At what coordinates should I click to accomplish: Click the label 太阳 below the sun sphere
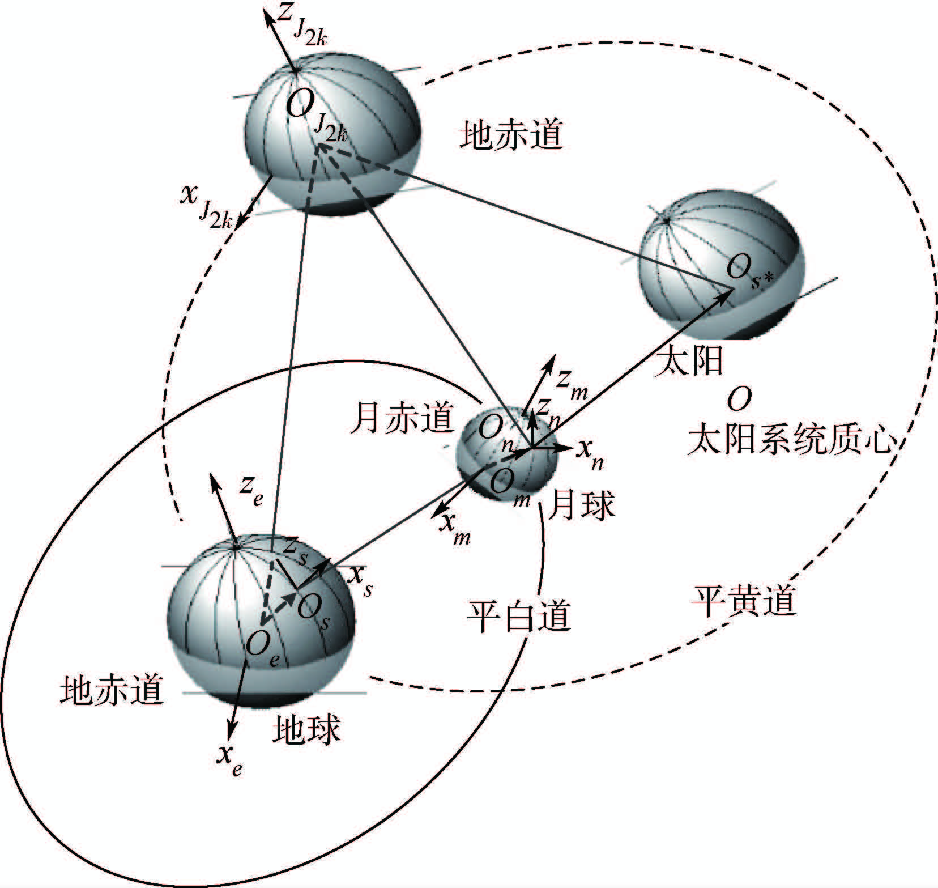pyautogui.click(x=689, y=362)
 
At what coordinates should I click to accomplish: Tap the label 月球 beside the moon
pyautogui.click(x=583, y=504)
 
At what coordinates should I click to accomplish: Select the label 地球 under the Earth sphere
pyautogui.click(x=306, y=729)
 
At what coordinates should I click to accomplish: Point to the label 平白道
pyautogui.click(x=519, y=616)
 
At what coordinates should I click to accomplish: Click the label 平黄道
pyautogui.click(x=744, y=601)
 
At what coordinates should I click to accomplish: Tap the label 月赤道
pyautogui.click(x=402, y=418)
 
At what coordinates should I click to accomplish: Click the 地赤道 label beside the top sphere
pyautogui.click(x=512, y=135)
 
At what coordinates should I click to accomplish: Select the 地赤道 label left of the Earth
pyautogui.click(x=112, y=690)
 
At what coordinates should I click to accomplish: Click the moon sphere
pyautogui.click(x=508, y=453)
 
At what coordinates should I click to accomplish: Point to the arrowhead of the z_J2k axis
pyautogui.click(x=267, y=12)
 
